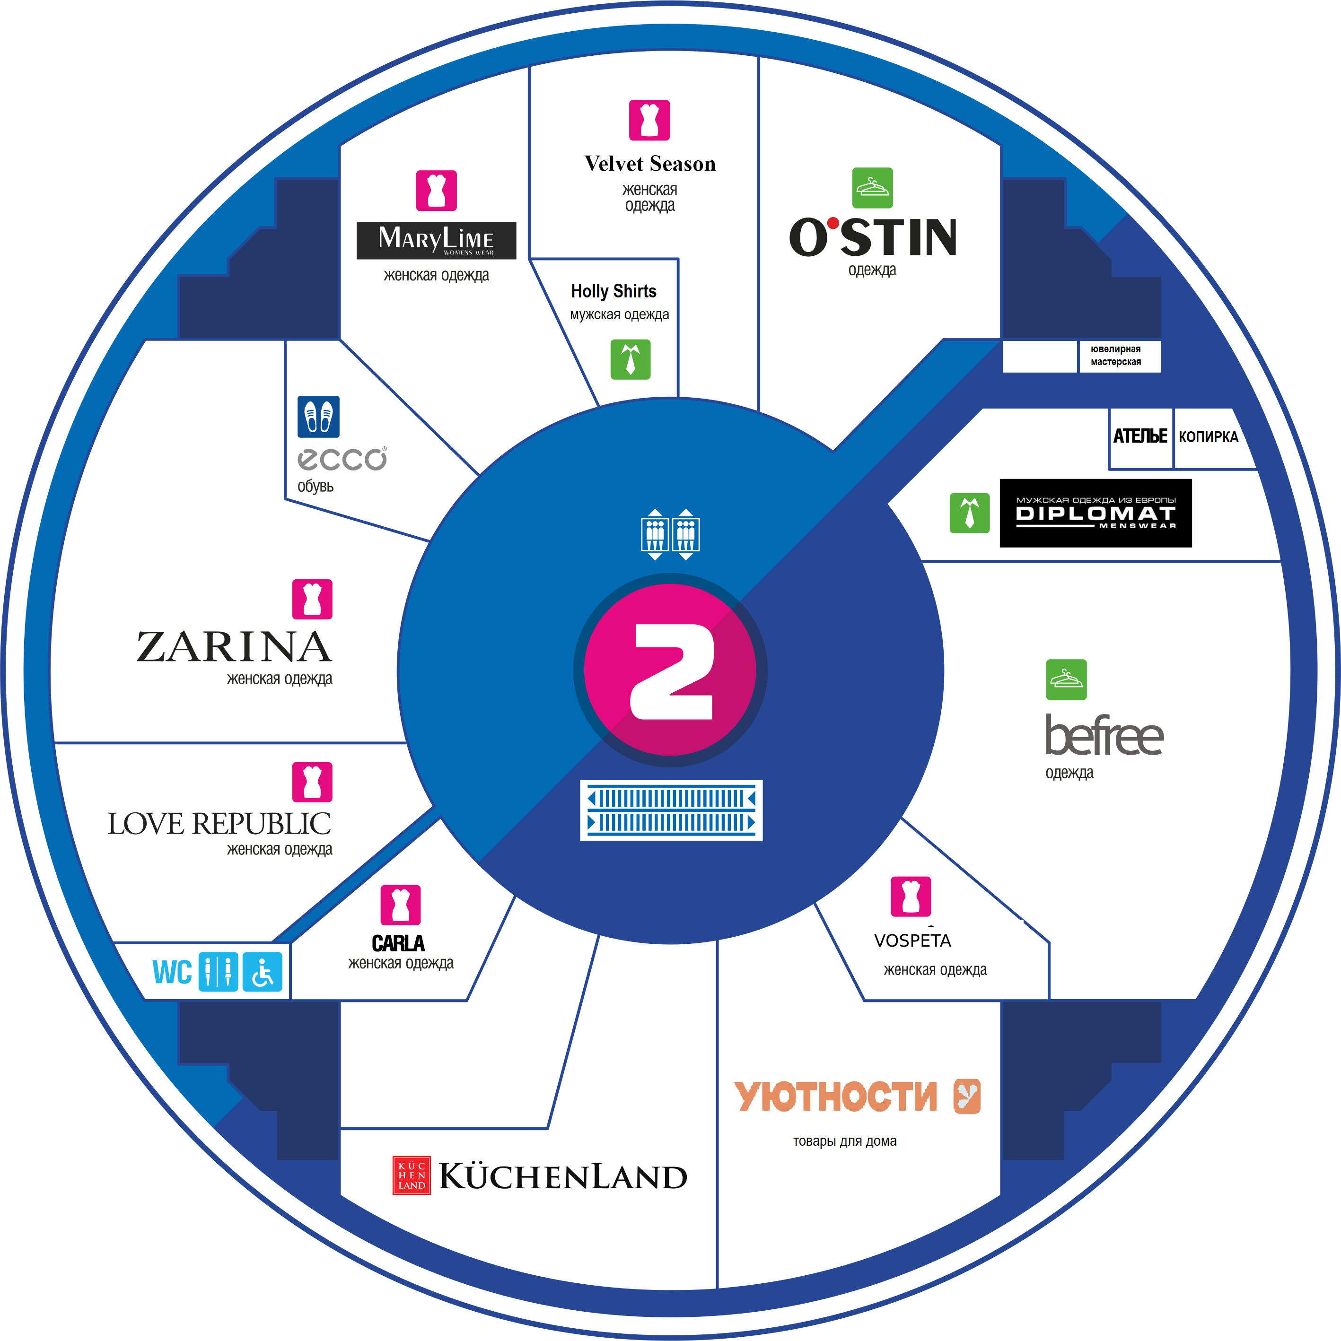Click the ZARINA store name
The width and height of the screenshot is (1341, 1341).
point(234,647)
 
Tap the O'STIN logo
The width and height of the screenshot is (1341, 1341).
point(873,237)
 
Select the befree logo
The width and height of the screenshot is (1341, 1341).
point(1104,736)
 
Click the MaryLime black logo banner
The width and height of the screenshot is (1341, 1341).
point(436,240)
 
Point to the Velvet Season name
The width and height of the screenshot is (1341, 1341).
point(649,164)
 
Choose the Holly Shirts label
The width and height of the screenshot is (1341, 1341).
point(613,291)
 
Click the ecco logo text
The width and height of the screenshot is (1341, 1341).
point(342,459)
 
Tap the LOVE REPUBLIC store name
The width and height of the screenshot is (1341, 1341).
point(219,824)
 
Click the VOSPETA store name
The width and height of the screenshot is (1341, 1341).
point(912,940)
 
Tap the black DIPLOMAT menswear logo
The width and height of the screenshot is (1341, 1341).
point(1095,513)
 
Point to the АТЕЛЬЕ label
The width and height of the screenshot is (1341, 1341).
point(1139,436)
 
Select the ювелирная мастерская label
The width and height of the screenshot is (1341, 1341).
point(1115,356)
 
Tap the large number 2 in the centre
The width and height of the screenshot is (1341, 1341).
point(671,671)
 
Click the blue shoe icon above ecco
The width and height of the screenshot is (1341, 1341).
point(318,417)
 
